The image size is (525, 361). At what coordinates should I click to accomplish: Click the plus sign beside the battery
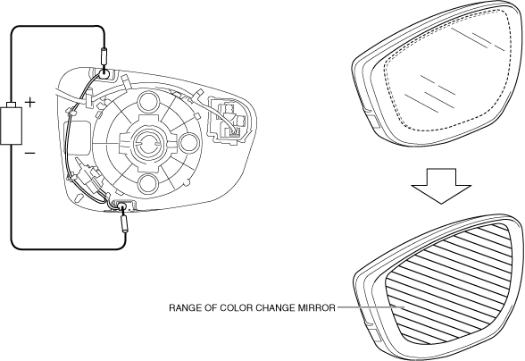30,102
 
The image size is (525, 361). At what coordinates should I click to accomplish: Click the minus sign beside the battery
29,153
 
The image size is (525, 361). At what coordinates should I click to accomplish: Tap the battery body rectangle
12,126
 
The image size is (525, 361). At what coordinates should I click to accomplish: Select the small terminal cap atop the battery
12,105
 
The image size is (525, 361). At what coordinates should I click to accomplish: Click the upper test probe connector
104,57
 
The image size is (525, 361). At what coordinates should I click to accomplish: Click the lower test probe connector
125,224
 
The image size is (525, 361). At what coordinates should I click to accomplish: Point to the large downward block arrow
441,186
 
